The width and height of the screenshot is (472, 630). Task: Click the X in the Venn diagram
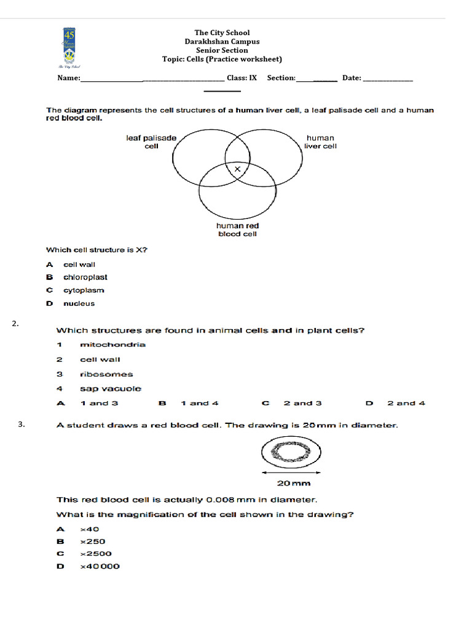tap(237, 169)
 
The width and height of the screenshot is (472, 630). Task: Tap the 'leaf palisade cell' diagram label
tap(151, 142)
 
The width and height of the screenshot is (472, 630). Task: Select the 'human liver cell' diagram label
tap(320, 142)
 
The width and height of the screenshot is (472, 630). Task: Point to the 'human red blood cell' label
tap(237, 229)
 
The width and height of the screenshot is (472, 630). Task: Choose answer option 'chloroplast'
tap(85, 277)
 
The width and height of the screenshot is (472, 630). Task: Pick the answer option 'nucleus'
tap(79, 303)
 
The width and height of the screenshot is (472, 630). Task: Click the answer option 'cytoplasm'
tap(84, 290)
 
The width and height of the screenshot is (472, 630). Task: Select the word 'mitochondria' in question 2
tap(112, 345)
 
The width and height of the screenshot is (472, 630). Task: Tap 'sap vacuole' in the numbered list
tap(110, 389)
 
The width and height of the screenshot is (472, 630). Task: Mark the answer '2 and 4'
tap(406, 404)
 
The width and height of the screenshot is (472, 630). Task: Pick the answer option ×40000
tap(100, 567)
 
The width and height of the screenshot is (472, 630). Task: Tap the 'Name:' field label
tap(69, 78)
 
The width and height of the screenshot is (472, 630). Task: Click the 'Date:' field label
tap(352, 78)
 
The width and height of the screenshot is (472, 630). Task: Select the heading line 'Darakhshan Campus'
tap(222, 42)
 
